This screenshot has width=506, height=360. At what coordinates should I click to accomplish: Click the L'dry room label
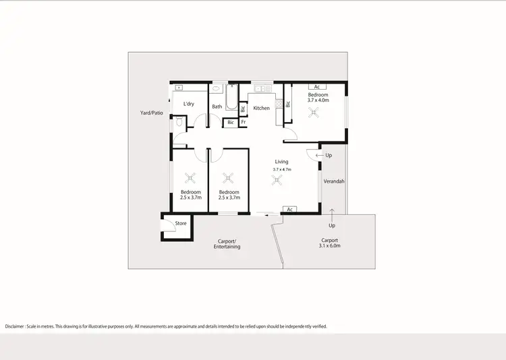189,104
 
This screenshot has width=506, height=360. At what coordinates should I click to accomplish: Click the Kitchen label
261,108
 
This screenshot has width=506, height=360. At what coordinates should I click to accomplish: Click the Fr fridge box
244,122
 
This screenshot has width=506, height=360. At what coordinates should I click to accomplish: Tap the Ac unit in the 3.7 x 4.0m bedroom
316,87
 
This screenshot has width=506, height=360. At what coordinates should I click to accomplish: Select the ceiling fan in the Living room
276,179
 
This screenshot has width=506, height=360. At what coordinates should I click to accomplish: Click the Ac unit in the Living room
289,210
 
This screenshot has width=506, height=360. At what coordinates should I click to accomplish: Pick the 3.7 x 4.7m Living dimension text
281,169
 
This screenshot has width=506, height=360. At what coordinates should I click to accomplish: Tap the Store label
181,223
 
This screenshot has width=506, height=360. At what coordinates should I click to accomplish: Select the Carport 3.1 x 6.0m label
329,243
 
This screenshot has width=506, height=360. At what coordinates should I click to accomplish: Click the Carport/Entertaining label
227,243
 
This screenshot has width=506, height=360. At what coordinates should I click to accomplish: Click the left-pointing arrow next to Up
318,156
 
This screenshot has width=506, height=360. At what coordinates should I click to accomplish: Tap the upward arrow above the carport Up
332,214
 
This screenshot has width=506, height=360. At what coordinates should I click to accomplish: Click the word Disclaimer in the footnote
14,326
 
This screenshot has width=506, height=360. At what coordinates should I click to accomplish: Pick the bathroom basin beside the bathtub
217,88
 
